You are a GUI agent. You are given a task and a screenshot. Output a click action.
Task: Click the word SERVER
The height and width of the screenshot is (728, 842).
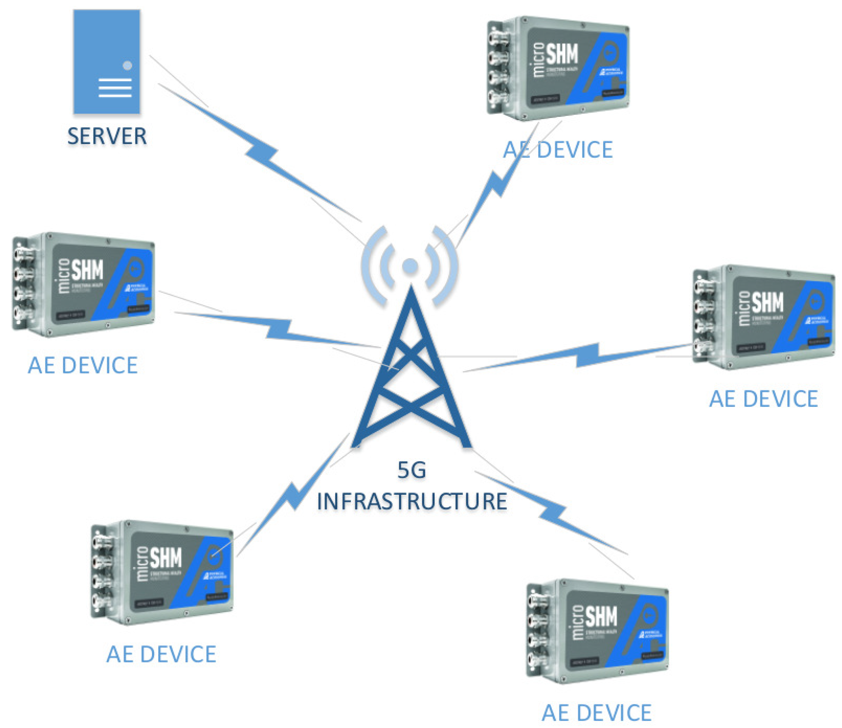[107, 136]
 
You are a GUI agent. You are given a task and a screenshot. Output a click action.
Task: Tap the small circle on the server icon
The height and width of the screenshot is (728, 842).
[127, 65]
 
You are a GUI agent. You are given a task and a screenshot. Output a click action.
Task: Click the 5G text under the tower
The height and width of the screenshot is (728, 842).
[411, 470]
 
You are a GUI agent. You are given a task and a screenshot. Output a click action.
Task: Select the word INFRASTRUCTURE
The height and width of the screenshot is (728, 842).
[412, 501]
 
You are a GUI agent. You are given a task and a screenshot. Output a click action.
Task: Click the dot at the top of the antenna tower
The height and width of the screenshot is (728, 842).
[410, 266]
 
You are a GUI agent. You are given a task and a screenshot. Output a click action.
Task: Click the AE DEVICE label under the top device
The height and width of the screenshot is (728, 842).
[558, 150]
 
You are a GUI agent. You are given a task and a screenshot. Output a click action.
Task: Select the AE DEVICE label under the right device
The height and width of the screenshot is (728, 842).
[763, 399]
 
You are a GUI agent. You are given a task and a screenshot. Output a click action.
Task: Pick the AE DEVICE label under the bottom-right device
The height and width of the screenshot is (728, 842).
[597, 713]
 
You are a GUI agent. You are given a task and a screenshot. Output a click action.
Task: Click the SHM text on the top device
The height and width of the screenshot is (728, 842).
[562, 55]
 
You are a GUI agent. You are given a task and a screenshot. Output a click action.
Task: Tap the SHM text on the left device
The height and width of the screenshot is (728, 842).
[87, 270]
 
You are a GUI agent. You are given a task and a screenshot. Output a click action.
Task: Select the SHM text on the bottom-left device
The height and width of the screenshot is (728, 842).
[166, 558]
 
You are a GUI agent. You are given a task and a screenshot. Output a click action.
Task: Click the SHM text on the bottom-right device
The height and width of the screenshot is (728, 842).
[601, 617]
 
